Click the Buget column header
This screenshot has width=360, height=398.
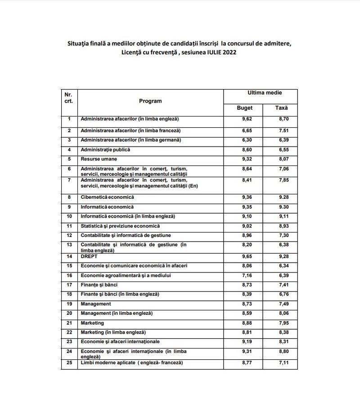245,108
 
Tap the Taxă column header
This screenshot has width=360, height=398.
281,108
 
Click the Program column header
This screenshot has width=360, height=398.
150,101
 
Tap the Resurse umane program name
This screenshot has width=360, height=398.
99,159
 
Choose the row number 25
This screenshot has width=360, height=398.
69,362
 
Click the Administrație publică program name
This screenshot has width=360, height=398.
105,149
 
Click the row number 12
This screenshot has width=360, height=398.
69,235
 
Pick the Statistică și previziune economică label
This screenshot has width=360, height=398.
120,226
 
